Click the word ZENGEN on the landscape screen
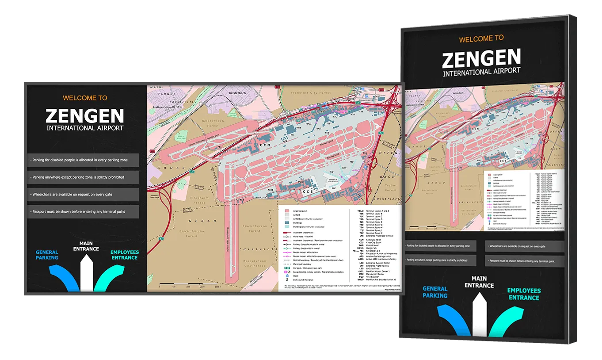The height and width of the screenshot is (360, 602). coord(85,116)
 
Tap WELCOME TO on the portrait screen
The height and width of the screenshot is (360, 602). coord(481,39)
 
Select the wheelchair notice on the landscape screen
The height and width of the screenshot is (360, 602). coord(83,195)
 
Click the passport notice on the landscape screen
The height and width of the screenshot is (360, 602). coord(83,212)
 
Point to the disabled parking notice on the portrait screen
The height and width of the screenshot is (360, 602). coord(440,245)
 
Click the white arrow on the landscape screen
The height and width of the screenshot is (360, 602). coord(87,274)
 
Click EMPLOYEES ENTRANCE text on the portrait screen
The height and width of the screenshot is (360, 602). coord(524,294)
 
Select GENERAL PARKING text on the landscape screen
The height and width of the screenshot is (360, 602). coord(47,255)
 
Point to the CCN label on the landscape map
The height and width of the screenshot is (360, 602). coord(265,145)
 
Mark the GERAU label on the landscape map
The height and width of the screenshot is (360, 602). coord(197,221)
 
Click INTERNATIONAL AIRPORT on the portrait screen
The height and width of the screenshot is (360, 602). coord(481,71)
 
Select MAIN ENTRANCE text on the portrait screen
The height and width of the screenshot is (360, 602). coord(479,282)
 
